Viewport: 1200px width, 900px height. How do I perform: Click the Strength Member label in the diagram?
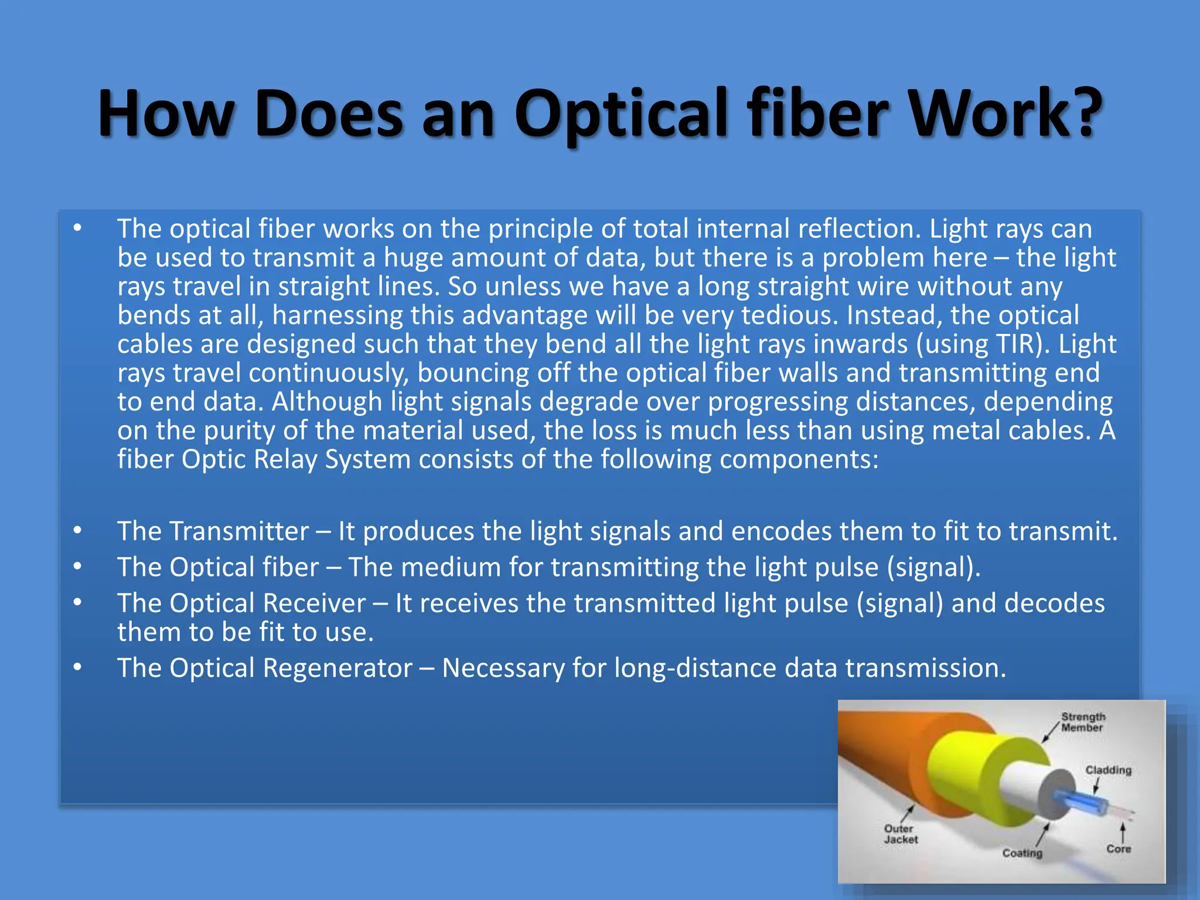1083,722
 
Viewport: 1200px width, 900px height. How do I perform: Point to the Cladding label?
1108,770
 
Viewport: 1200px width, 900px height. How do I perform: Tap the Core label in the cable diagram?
1118,848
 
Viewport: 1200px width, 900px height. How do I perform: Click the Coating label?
1022,853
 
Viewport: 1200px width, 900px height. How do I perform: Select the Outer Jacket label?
901,834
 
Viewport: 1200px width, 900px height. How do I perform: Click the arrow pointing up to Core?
1123,832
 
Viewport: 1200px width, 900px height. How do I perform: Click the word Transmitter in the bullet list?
239,531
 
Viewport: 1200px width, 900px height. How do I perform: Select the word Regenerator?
338,669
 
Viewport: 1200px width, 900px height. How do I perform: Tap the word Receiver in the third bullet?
313,604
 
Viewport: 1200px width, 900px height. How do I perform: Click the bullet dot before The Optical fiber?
77,566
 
